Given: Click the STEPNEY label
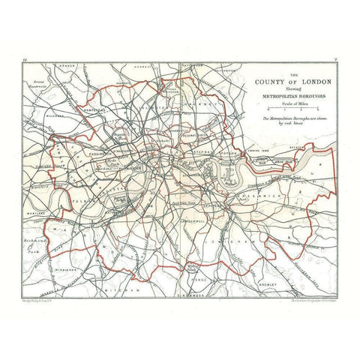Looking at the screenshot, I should pyautogui.click(x=203, y=150).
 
